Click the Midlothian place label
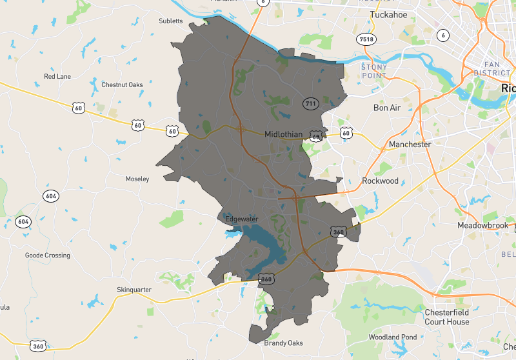[284, 134]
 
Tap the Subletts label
[172, 21]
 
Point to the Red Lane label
[57, 76]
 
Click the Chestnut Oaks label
[122, 85]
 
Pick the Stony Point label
[374, 70]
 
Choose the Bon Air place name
[387, 108]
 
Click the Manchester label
[410, 145]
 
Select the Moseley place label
[137, 178]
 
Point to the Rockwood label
[380, 181]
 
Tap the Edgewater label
[242, 219]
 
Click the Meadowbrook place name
[483, 226]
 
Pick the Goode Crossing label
[48, 255]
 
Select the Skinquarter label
[134, 290]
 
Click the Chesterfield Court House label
[446, 317]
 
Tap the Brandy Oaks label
[283, 343]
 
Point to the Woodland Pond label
[392, 337]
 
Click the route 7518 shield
[366, 39]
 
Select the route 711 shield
[310, 103]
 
